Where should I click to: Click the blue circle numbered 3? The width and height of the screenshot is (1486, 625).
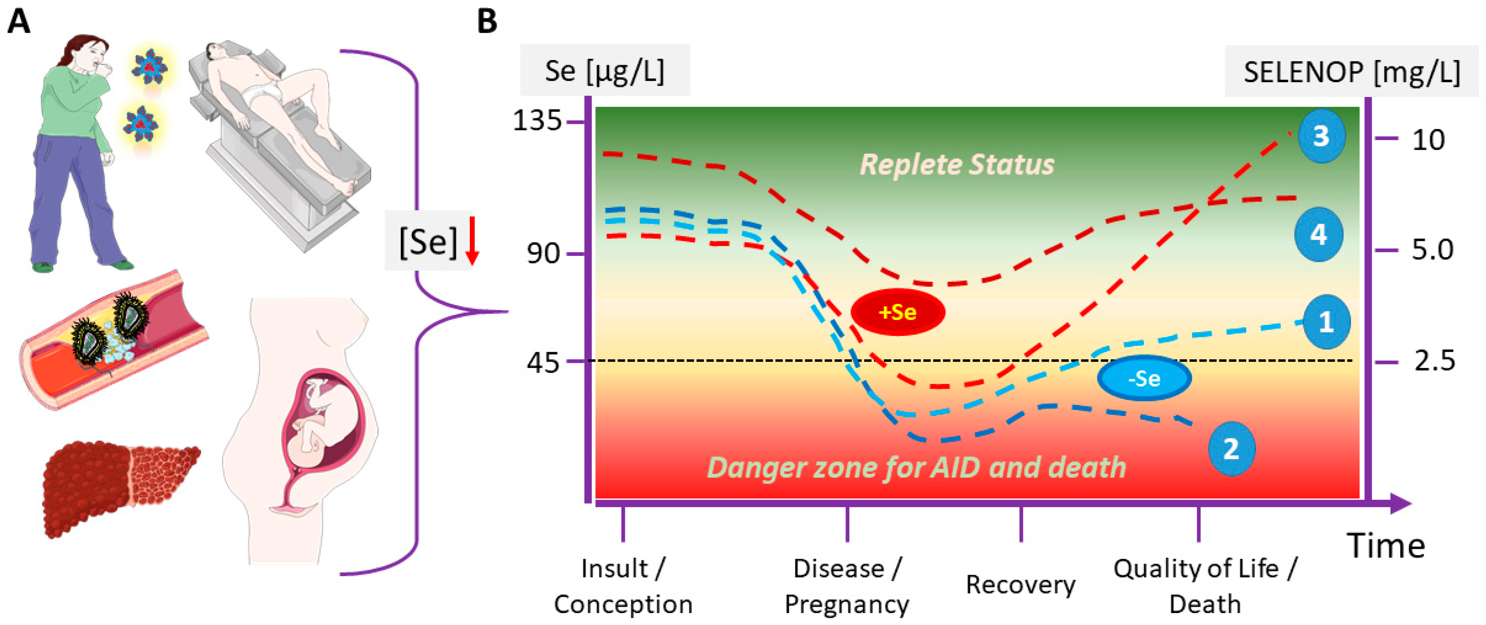1321,136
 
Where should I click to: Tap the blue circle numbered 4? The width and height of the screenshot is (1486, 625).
1318,235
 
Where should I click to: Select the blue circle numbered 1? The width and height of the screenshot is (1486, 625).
1325,322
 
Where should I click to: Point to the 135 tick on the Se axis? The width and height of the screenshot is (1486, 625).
537,121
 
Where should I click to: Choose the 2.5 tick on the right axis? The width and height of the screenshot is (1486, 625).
1434,361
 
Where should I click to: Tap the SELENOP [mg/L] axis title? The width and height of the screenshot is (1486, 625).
1351,72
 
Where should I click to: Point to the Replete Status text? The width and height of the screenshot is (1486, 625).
957,164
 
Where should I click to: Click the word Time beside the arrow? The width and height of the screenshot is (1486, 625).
1385,545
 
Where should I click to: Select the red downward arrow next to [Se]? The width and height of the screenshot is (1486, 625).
472,241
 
